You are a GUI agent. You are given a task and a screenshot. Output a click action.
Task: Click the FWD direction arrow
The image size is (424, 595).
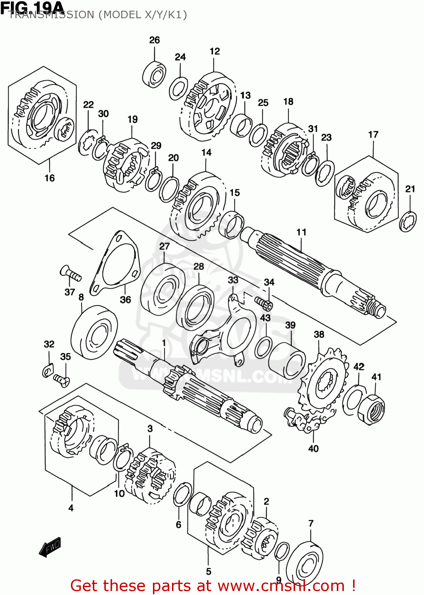50,547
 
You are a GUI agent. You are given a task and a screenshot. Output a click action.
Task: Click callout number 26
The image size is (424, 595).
155,40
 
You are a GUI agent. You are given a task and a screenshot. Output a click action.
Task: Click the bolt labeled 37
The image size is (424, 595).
71,274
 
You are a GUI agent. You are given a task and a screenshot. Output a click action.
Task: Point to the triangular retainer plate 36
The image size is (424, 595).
115,263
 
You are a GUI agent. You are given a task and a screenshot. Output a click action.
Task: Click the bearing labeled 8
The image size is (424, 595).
94,332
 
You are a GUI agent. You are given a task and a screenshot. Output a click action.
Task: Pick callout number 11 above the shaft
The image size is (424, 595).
301,232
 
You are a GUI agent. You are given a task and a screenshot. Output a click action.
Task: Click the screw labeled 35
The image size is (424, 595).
61,380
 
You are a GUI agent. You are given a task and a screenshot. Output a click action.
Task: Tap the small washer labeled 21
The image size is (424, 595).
408,222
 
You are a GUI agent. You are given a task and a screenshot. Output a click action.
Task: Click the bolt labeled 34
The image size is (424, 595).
264,303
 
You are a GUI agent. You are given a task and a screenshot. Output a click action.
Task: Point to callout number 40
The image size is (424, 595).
313,449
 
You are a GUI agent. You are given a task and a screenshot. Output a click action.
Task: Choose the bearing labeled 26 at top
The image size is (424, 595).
155,74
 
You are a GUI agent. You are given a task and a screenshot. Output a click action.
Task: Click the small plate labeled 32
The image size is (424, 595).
48,370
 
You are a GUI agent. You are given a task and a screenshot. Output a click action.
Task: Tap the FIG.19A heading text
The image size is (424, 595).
32,7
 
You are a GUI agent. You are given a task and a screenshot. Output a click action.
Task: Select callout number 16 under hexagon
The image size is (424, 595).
49,178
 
